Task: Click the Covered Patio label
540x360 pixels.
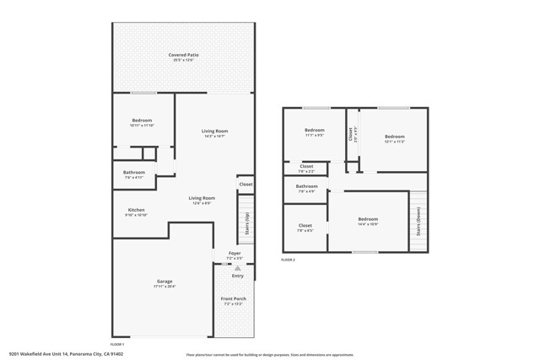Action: tap(183, 55)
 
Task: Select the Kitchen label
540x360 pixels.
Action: tap(137, 210)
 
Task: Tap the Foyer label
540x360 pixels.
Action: tap(235, 253)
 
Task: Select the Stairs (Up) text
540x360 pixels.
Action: tap(246, 222)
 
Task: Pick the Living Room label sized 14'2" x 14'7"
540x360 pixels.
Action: tap(214, 132)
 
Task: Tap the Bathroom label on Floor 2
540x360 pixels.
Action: tap(306, 186)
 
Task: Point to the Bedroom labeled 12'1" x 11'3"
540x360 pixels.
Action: tap(395, 137)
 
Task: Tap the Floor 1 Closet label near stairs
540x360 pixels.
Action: tap(246, 184)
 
